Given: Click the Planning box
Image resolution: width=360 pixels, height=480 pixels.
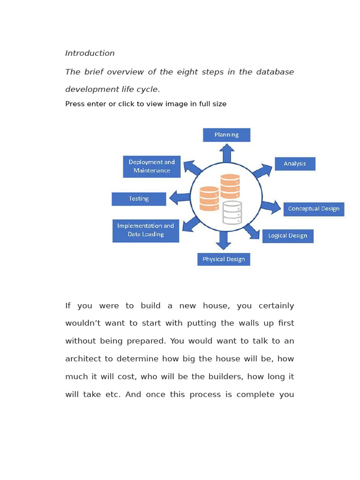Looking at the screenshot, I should click(x=226, y=135).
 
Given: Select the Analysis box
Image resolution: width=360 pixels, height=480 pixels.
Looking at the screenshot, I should click(x=295, y=164).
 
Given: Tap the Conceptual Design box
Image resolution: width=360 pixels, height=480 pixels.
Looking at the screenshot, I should click(x=314, y=209).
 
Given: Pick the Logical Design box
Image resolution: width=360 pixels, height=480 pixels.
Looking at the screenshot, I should click(x=288, y=236).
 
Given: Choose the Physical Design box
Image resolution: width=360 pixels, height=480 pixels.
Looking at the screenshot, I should click(x=224, y=259).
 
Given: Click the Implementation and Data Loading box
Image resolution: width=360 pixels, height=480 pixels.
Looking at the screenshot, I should click(x=146, y=230).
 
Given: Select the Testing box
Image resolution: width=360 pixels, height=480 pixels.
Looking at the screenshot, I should click(x=139, y=199).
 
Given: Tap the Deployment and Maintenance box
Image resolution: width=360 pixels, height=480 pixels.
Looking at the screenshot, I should click(x=151, y=166).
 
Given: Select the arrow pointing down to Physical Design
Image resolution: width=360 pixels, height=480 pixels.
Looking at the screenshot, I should click(x=223, y=240).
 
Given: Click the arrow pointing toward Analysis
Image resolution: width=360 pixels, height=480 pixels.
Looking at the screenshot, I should click(x=262, y=171).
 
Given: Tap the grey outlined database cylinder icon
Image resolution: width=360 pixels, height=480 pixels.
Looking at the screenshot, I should click(x=232, y=213).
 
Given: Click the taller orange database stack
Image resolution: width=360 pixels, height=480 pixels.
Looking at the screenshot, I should click(x=230, y=186).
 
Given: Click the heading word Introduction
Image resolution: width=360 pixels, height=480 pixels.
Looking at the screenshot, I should click(x=90, y=53).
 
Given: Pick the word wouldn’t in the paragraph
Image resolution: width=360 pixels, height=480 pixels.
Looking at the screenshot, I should click(x=86, y=323).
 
